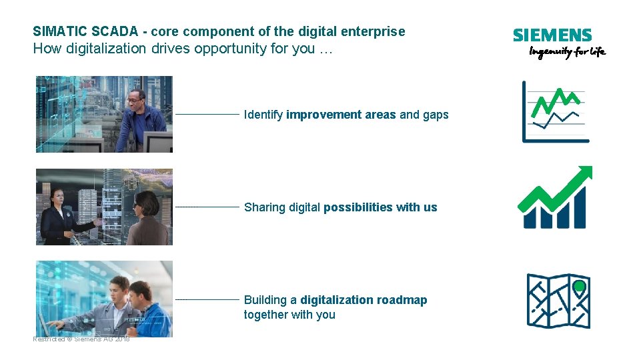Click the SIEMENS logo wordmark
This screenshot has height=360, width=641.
pos(552,36)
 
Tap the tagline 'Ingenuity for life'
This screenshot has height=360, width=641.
pos(566,53)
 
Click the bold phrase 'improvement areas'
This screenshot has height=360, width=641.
pos(341,115)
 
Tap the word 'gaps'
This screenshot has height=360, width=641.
pos(436,115)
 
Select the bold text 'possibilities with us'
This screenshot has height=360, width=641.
pos(380,207)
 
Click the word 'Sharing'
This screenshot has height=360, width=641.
pos(265,207)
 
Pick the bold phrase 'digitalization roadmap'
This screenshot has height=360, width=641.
pos(364,300)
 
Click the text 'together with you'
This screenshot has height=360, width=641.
pos(289,315)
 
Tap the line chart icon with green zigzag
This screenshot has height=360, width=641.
pos(555,111)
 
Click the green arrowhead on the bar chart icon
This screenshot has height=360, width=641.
pos(584,173)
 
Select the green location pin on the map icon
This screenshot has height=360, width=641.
pos(580,287)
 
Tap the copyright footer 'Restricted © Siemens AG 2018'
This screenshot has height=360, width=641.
pos(81,339)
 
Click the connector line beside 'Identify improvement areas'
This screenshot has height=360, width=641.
pos(207,115)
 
